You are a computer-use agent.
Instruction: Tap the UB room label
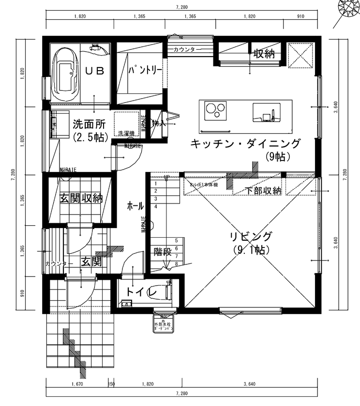click(x=95, y=71)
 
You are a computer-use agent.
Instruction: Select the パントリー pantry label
click(x=145, y=71)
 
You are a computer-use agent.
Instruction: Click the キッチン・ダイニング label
click(x=245, y=144)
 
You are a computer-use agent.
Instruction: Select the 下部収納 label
click(x=263, y=190)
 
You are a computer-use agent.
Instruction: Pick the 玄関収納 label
click(x=81, y=198)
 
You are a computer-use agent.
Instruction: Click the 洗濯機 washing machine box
click(x=126, y=123)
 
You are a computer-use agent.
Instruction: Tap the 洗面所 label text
click(x=89, y=123)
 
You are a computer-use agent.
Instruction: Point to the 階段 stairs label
click(x=162, y=251)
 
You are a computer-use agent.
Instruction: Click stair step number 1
click(x=156, y=184)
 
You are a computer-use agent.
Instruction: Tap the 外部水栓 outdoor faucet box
click(x=163, y=325)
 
